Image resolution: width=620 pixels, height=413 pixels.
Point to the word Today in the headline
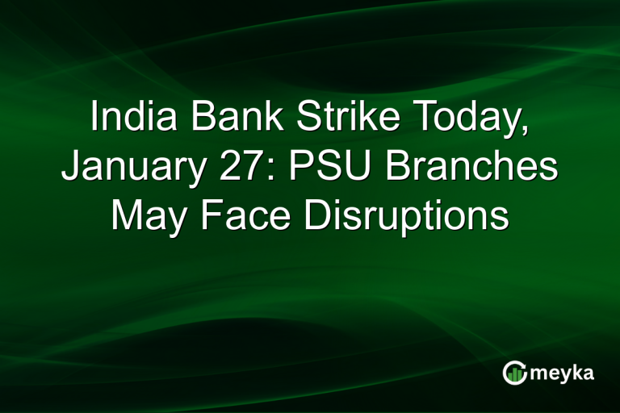click(x=467, y=119)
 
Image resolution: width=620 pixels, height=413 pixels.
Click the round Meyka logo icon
click(x=513, y=373)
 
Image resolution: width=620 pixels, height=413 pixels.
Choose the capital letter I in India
click(x=95, y=118)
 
